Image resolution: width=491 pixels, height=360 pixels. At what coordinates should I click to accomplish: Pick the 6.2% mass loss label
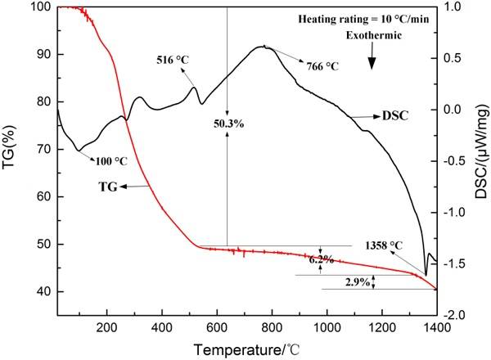[322, 259]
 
